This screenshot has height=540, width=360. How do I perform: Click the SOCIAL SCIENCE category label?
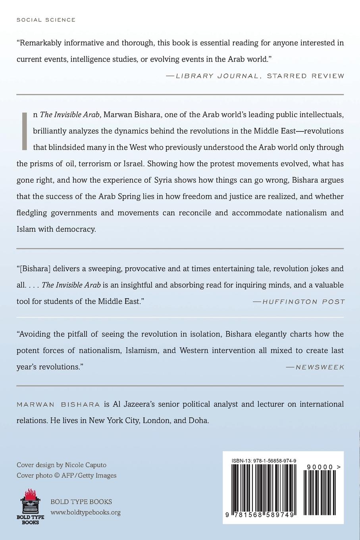pyautogui.click(x=46, y=20)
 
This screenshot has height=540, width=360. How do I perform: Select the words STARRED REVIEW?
pyautogui.click(x=305, y=76)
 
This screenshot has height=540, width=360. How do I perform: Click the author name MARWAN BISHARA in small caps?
pyautogui.click(x=58, y=405)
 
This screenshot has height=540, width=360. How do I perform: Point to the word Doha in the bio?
pyautogui.click(x=199, y=420)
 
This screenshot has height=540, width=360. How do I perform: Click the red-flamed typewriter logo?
pyautogui.click(x=30, y=506)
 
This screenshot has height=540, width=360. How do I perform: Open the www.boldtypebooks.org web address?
pyautogui.click(x=85, y=512)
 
